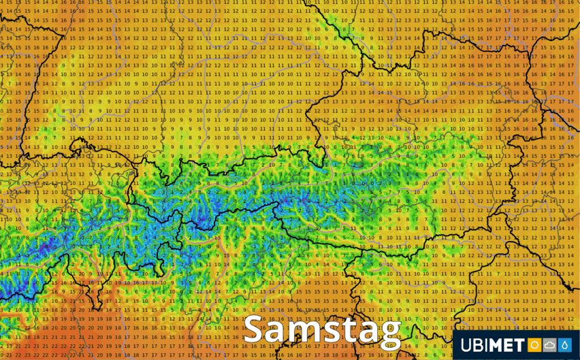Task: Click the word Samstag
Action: (321, 331)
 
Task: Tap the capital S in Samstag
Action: (255, 329)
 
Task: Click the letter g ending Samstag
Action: (389, 335)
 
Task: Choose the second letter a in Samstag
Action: (368, 332)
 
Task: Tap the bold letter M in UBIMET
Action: (498, 346)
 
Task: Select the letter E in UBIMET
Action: (511, 346)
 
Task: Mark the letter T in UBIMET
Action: (521, 346)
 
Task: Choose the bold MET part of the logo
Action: (509, 346)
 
